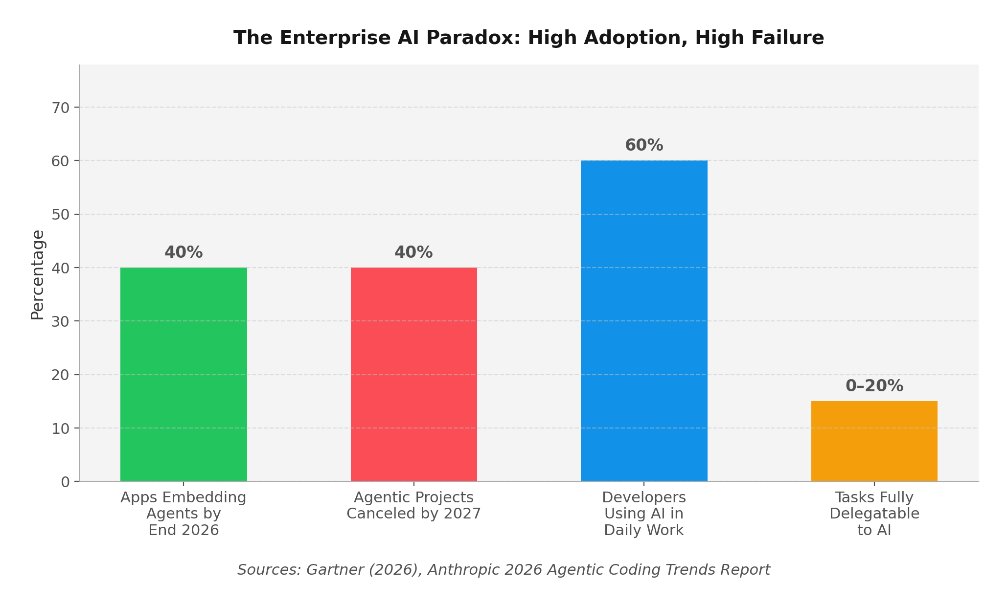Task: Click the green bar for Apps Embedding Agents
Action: click(183, 374)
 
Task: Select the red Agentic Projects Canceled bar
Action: click(414, 374)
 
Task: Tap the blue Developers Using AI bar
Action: click(644, 320)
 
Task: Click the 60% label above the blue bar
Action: click(644, 145)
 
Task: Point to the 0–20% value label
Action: click(874, 386)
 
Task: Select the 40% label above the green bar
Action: click(183, 252)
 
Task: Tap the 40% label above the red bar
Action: click(414, 252)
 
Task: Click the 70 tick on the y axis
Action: click(61, 108)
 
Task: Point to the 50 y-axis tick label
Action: click(61, 214)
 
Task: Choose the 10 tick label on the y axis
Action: click(61, 428)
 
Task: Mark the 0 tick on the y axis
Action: click(66, 482)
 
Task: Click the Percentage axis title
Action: click(38, 275)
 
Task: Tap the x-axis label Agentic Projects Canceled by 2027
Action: click(414, 506)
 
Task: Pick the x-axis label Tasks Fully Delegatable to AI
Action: click(874, 514)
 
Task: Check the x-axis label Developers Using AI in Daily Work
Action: click(644, 514)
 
